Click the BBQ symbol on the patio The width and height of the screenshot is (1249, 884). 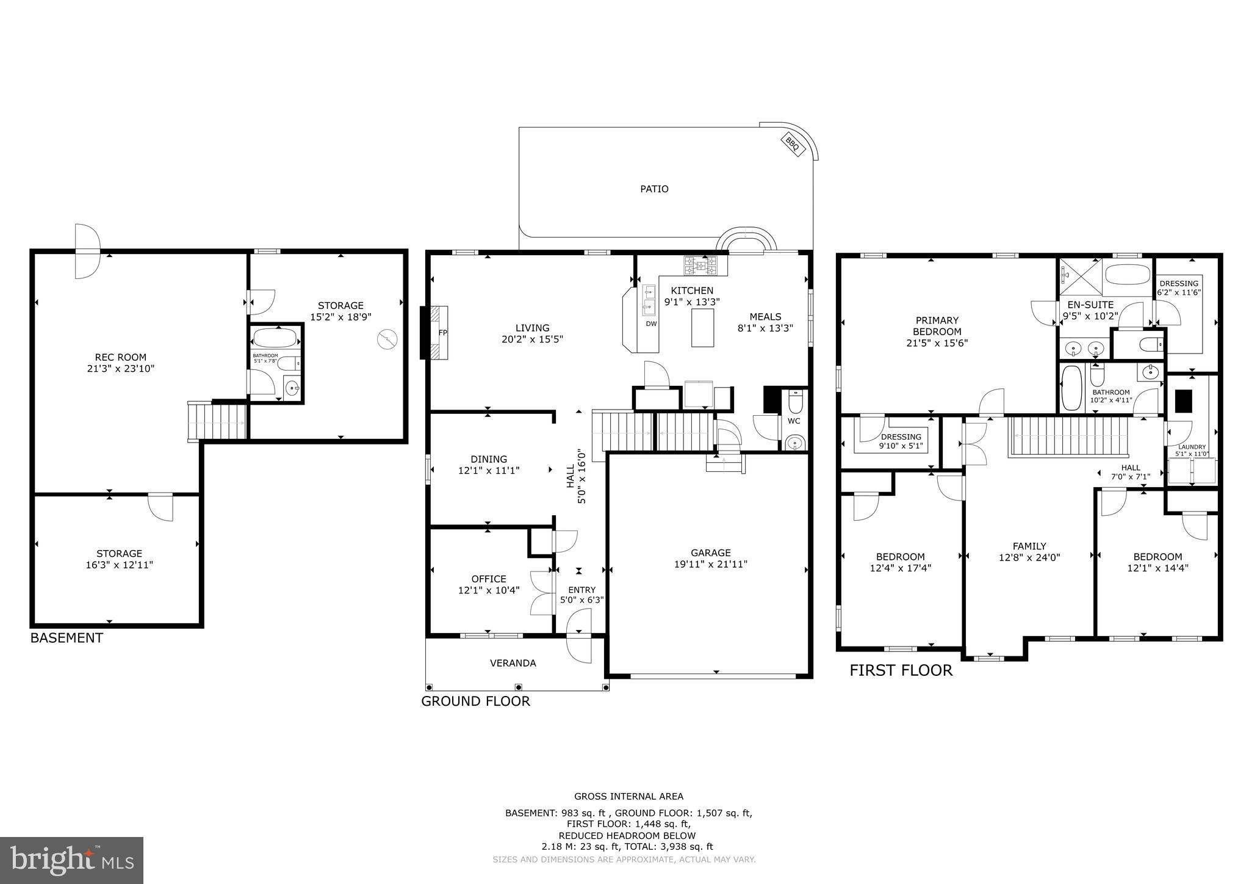point(792,145)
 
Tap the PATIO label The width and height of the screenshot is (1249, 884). point(654,189)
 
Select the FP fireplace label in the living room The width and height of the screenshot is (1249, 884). point(443,333)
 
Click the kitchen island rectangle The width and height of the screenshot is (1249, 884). point(702,328)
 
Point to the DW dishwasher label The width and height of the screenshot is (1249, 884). point(651,324)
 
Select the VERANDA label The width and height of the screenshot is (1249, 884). point(513,663)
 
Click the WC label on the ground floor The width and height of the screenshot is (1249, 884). point(794,421)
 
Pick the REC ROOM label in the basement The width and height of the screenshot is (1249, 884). point(121,358)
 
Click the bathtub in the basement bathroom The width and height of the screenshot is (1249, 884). point(275,338)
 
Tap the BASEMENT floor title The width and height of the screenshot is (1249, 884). point(67,639)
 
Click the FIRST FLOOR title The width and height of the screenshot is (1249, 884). point(901,671)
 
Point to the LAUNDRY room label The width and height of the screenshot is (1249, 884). point(1192,447)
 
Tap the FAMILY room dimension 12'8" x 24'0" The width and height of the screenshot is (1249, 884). point(1029,557)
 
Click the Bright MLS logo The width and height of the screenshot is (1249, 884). point(72,860)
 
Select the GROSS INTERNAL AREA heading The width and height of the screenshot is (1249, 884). point(628,796)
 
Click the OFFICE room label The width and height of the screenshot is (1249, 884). point(489,579)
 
